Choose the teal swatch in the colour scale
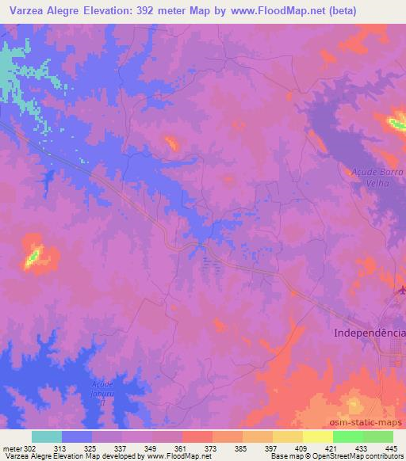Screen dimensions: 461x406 click(x=47, y=436)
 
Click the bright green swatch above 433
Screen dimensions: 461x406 click(x=347, y=436)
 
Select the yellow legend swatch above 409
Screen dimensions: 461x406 click(x=287, y=436)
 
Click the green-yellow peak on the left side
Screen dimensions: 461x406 click(x=33, y=255)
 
